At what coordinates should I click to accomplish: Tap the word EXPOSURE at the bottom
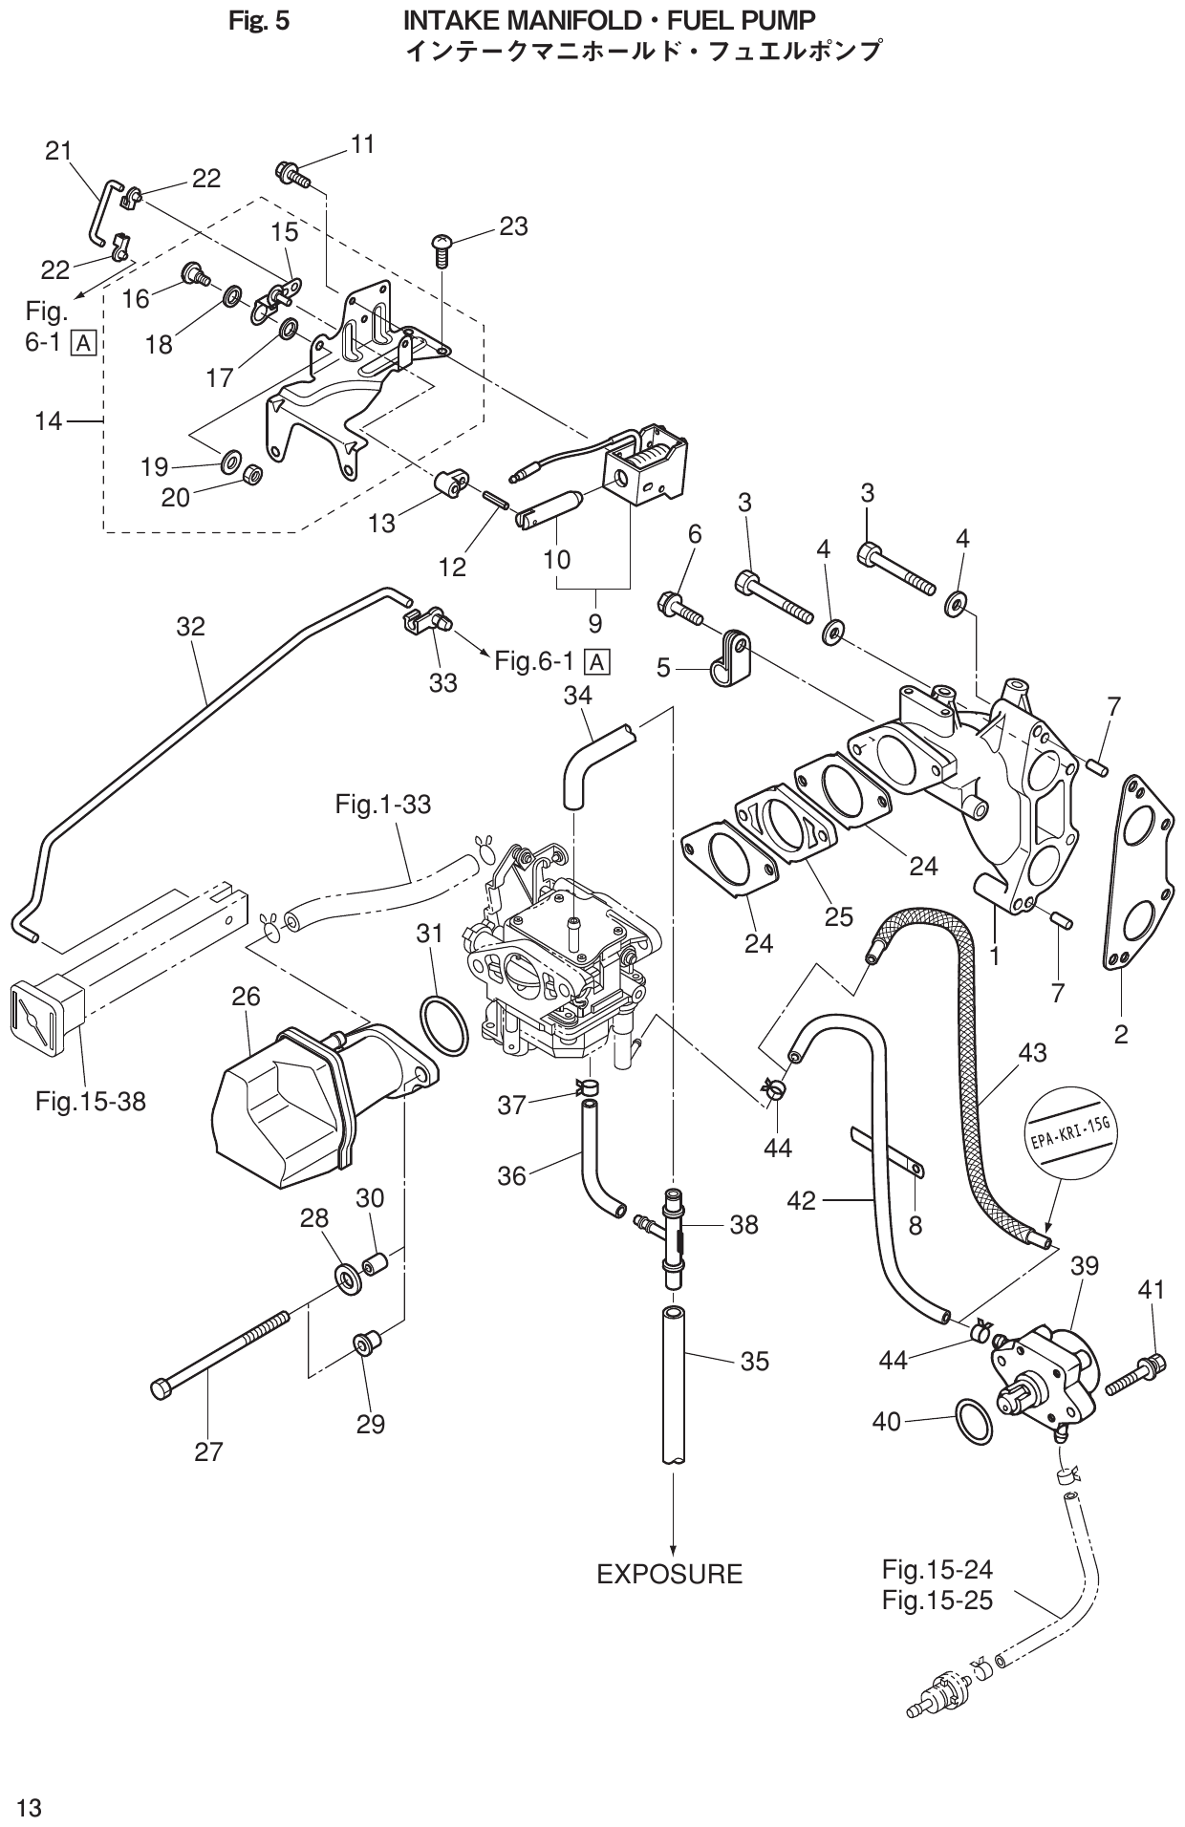pos(669,1574)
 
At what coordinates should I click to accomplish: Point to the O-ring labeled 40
pos(973,1422)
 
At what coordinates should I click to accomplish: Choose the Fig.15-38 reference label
pos(91,1102)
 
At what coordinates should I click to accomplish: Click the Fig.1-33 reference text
pos(382,805)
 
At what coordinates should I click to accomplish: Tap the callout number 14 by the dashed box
pos(48,419)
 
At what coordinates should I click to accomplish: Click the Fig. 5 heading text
pos(258,20)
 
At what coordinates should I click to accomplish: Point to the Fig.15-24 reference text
pos(937,1569)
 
